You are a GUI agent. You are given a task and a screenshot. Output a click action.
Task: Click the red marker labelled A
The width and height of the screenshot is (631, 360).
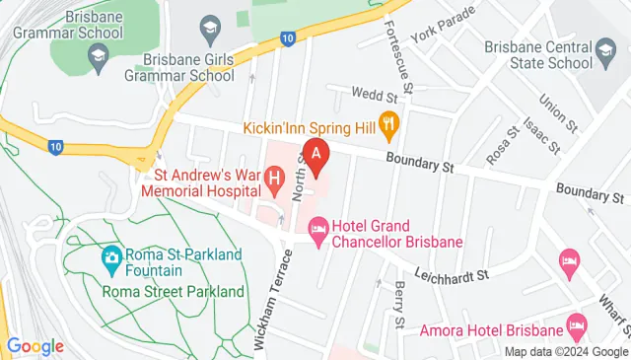tap(316, 155)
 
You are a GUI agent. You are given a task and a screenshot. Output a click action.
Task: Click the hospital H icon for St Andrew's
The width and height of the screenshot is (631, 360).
tap(276, 180)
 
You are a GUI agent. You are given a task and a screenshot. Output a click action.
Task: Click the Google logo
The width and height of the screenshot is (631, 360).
tap(35, 346)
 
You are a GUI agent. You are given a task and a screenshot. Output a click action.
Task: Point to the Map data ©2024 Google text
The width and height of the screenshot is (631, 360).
tap(566, 352)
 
